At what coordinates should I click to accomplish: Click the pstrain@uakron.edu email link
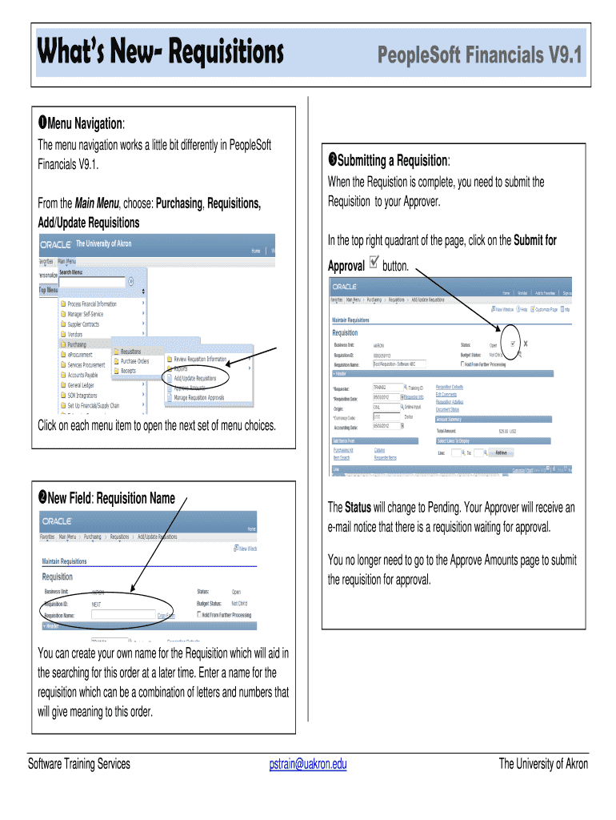pos(308,764)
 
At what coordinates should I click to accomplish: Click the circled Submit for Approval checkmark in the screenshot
pos(513,344)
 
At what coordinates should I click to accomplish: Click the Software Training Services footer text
pos(78,764)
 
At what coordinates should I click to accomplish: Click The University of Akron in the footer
pos(542,764)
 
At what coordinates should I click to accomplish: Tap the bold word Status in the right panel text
pos(358,508)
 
